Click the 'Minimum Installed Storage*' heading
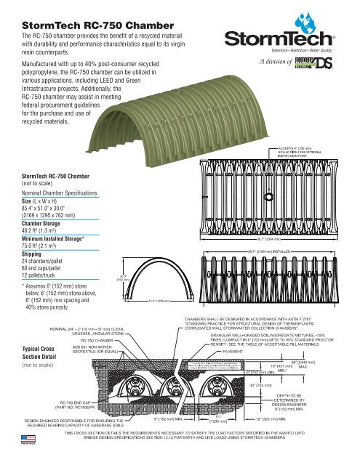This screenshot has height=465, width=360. point(50,243)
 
